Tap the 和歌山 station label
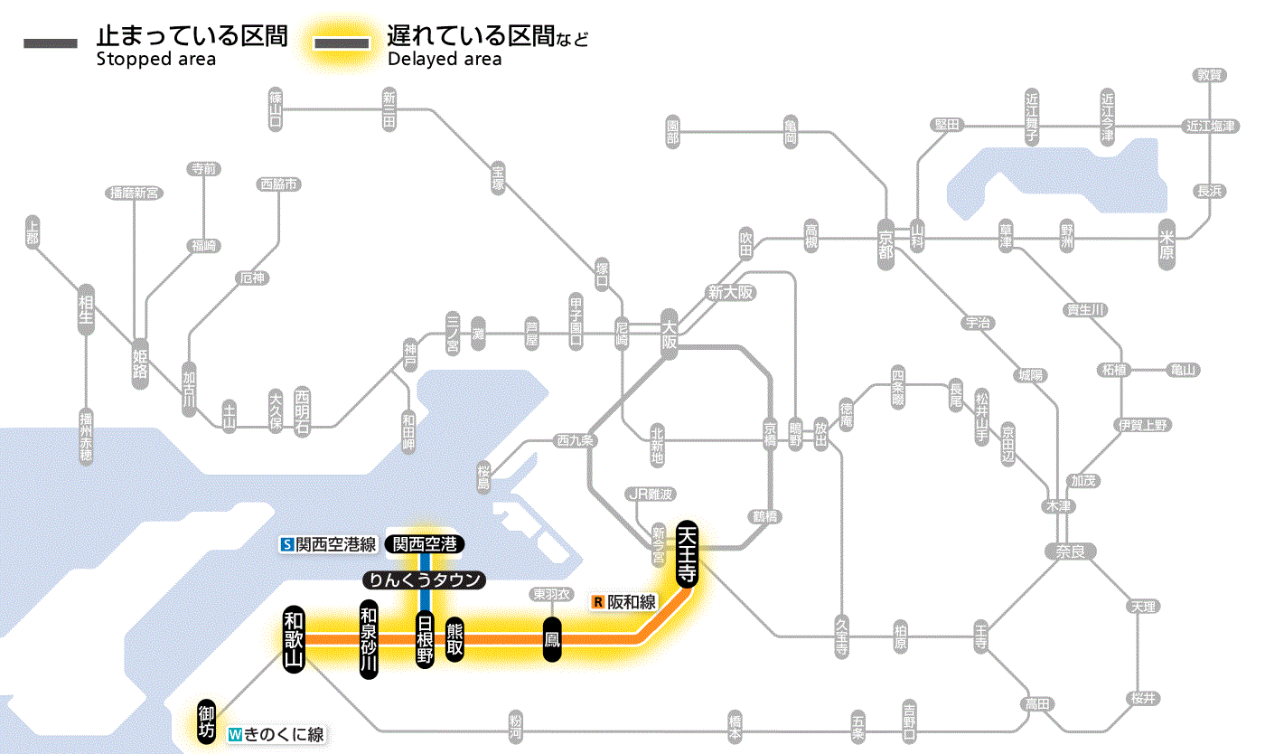[295, 637]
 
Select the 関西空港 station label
[425, 544]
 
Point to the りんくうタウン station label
[424, 580]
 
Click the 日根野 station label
[425, 639]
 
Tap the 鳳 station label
[552, 640]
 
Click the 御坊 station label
[206, 721]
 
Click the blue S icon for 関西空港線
[287, 544]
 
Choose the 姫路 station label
[140, 364]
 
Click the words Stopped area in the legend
[155, 60]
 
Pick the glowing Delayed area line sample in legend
[342, 43]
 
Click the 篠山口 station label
[276, 106]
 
